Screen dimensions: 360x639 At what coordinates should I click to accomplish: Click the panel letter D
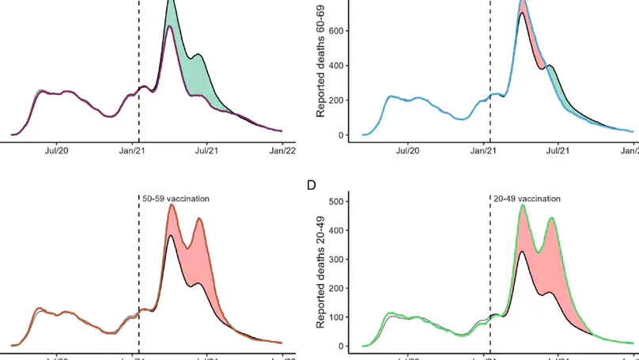tap(311, 186)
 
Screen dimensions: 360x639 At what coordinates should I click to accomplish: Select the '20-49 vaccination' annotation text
tap(527, 199)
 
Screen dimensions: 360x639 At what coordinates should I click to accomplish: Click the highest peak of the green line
tap(523, 206)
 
